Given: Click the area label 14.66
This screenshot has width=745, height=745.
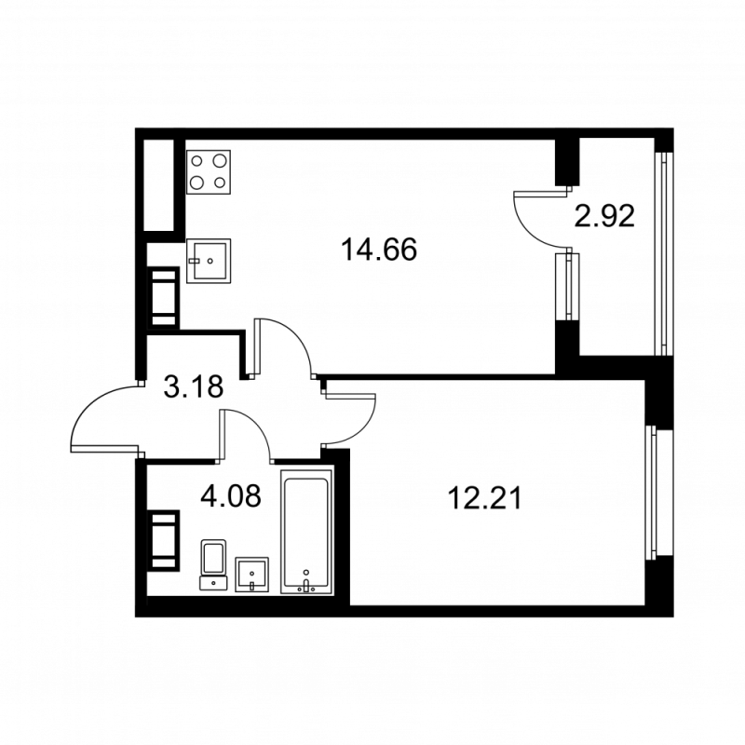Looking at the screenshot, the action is pos(379,250).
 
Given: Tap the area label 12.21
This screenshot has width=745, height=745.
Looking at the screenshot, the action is pos(485,498).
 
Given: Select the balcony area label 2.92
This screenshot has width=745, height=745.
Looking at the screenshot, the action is pos(604,216).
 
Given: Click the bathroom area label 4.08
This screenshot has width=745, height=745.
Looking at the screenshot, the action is pos(230,495).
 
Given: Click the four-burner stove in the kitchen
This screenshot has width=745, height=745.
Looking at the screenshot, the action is pos(209,172).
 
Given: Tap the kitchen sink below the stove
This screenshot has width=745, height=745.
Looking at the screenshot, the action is pos(209,261).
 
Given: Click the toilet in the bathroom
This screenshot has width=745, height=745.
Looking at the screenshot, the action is pos(213,564).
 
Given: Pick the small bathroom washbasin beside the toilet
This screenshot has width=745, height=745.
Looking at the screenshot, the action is pos(251,575).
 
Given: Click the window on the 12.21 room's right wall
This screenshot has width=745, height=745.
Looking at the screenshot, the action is pos(658,493).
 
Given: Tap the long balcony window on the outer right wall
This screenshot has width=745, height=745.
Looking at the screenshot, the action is pos(664,253).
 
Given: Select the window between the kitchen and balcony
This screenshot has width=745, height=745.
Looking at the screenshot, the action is pos(567,287).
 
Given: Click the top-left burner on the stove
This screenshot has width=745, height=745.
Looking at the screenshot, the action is pos(196,161).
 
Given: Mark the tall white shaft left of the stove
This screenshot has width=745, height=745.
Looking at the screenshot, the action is pos(158,185).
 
